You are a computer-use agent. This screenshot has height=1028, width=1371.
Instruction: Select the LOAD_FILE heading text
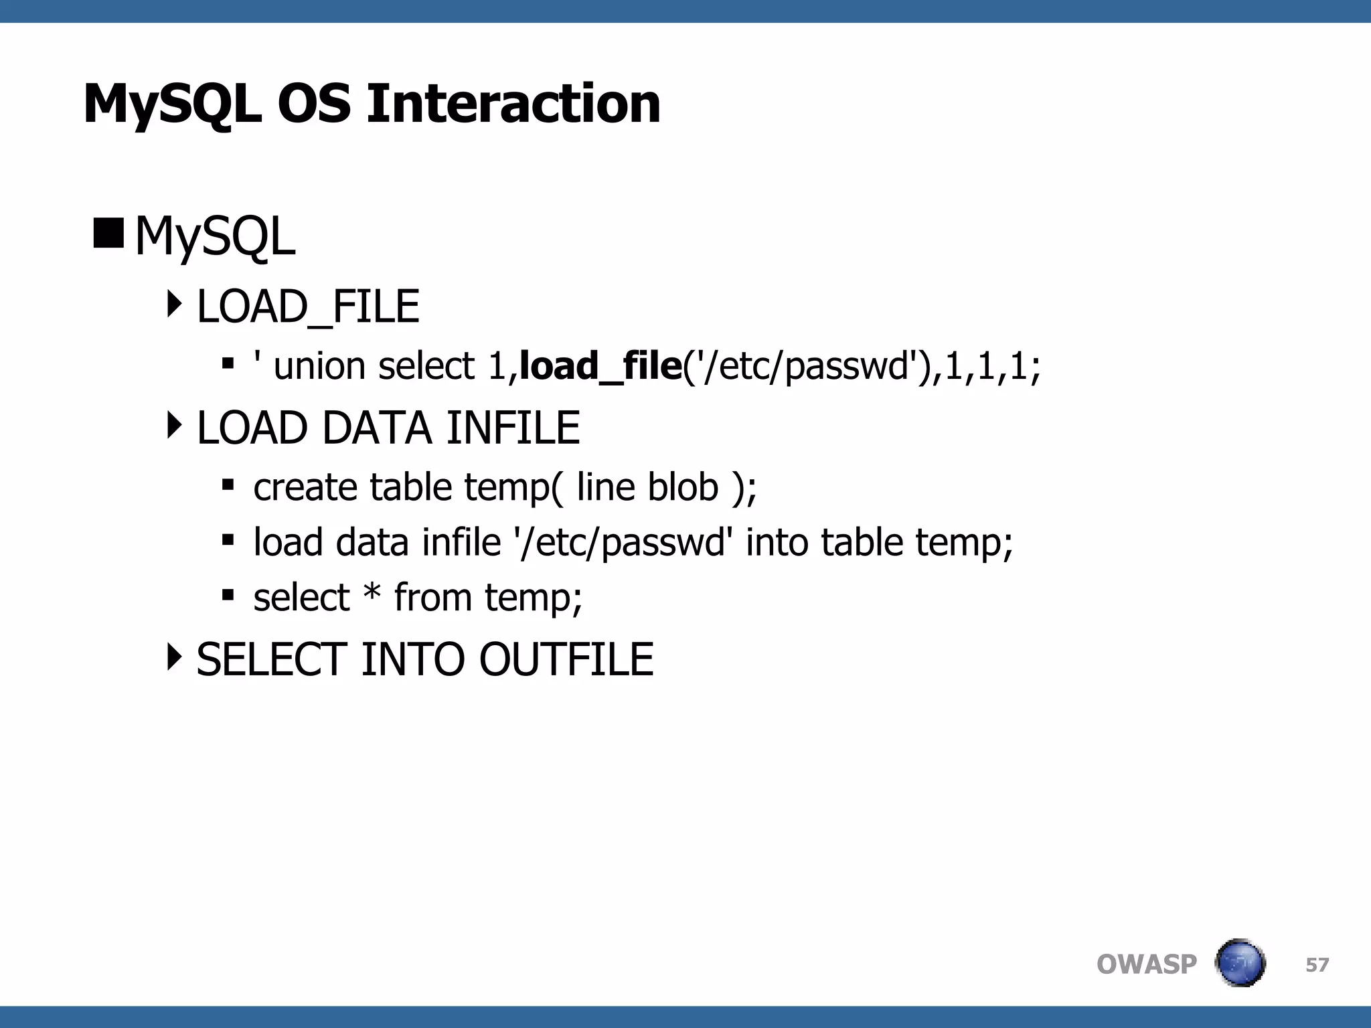[x=308, y=307]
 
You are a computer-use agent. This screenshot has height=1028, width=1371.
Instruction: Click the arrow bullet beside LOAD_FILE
[x=174, y=305]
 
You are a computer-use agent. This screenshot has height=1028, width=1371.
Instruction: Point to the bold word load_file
[x=600, y=366]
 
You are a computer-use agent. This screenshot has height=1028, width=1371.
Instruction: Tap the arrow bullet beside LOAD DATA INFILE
[x=174, y=426]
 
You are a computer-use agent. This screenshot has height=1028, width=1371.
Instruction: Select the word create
[x=305, y=487]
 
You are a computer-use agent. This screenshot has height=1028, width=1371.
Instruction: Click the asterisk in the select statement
[x=372, y=594]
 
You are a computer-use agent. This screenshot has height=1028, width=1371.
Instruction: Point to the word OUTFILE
[x=566, y=660]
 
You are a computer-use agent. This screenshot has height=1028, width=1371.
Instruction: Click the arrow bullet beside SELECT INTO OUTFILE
[x=174, y=657]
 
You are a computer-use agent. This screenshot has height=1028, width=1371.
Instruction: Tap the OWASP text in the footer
[x=1146, y=964]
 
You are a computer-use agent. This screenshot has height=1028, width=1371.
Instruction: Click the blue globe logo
[x=1240, y=963]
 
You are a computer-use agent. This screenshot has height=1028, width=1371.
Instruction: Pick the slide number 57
[x=1317, y=965]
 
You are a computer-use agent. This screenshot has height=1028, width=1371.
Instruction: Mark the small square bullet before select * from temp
[x=228, y=594]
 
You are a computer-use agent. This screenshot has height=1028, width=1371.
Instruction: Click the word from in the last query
[x=432, y=597]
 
